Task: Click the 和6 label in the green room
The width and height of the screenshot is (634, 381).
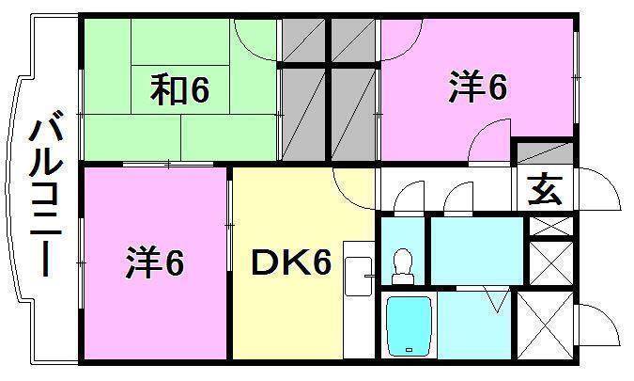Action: point(179,90)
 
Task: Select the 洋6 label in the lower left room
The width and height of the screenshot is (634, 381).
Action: point(155,263)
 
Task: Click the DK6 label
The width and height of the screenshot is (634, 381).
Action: point(290,264)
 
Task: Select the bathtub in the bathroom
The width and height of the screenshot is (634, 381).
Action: point(409,325)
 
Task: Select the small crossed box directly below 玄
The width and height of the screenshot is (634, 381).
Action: point(551,226)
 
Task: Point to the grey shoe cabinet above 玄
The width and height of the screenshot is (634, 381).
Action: point(544,153)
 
